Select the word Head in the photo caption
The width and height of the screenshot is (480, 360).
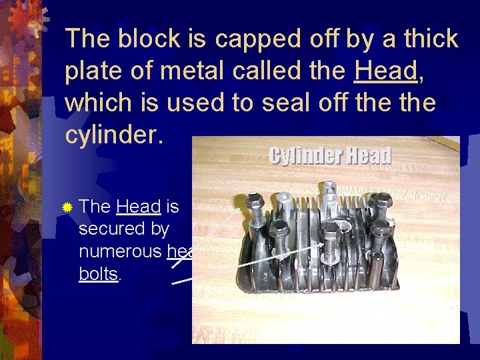tap(367, 155)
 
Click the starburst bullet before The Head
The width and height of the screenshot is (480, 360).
tap(67, 208)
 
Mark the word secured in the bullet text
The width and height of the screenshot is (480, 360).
tap(123, 229)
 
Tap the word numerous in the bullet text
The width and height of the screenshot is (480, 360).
tap(121, 251)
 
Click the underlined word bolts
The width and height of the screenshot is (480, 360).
tap(98, 274)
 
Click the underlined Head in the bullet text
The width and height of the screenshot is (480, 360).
tap(138, 207)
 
